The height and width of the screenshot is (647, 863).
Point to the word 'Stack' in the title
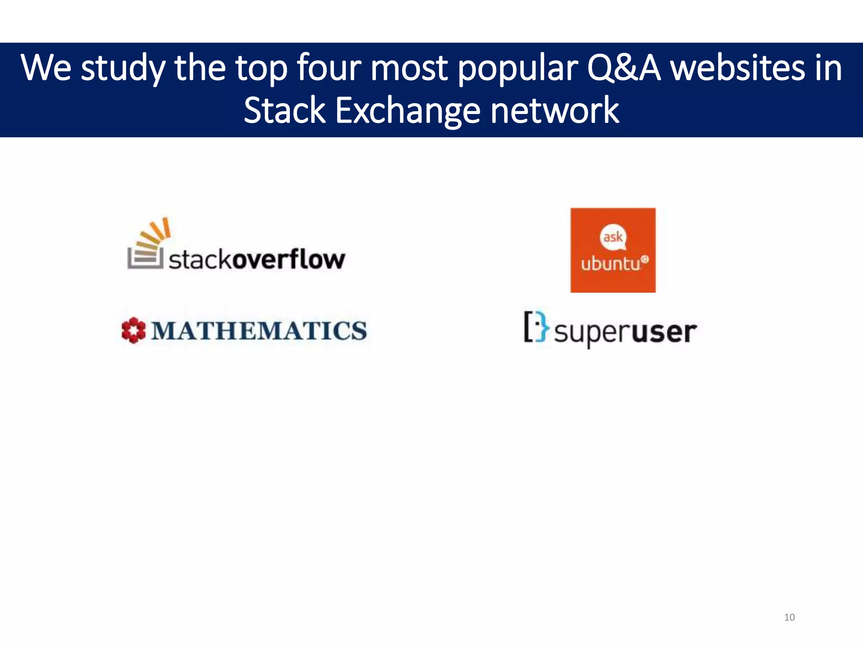(x=284, y=110)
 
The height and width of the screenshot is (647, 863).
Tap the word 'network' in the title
(x=555, y=110)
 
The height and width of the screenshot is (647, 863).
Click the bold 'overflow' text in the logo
(x=289, y=259)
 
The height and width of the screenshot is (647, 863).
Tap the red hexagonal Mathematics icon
(x=133, y=330)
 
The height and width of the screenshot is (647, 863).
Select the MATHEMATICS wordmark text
(x=259, y=331)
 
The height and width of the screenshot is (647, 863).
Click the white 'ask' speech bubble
(x=613, y=237)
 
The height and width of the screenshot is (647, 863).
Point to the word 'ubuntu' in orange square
(x=611, y=264)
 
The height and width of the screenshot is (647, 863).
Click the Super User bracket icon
(x=536, y=326)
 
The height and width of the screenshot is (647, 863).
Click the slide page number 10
(x=789, y=617)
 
